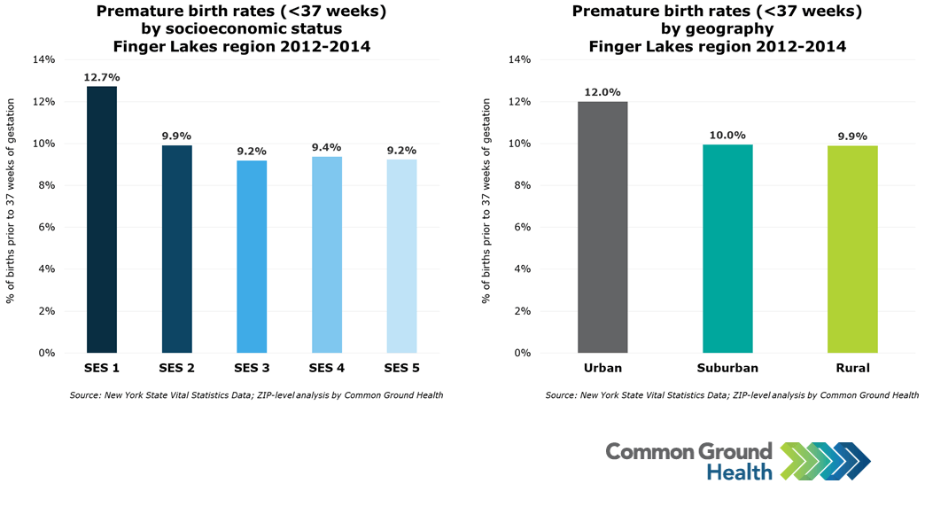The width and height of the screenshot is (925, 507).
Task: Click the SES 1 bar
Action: (102, 220)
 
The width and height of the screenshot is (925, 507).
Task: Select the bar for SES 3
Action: (252, 257)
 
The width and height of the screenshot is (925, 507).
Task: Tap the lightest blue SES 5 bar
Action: (401, 256)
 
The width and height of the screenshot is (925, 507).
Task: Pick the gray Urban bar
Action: (602, 227)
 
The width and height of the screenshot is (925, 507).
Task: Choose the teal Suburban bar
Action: (727, 248)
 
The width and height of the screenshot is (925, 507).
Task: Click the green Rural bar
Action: (852, 249)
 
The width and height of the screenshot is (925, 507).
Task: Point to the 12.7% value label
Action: (102, 77)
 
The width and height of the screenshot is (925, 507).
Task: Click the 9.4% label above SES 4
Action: (327, 147)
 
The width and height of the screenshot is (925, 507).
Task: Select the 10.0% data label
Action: (727, 135)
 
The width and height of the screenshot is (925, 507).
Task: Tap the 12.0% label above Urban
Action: (602, 92)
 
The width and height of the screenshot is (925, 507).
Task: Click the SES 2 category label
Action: (176, 368)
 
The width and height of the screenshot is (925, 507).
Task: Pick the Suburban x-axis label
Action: (727, 368)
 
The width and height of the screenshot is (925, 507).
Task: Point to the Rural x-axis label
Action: (852, 368)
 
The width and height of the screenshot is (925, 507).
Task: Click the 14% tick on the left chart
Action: (43, 59)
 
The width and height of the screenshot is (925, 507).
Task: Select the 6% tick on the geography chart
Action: (522, 227)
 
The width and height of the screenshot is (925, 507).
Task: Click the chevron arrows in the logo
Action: (825, 461)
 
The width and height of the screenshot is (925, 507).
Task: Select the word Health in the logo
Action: (739, 472)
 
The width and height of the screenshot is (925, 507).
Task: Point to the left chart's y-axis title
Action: (11, 201)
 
